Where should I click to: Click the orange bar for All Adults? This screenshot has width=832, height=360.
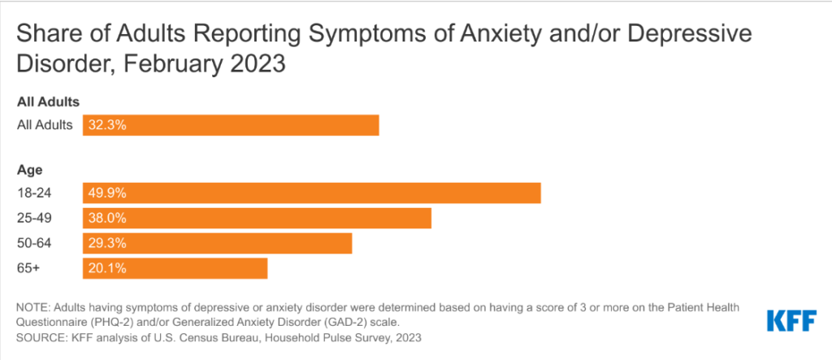pyautogui.click(x=231, y=125)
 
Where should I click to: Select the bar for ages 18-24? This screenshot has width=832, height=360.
pyautogui.click(x=311, y=193)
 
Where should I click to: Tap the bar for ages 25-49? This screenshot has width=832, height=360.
pyautogui.click(x=257, y=219)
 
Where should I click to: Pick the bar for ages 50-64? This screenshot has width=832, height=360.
pyautogui.click(x=217, y=243)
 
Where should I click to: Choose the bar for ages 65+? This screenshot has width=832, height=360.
pyautogui.click(x=175, y=268)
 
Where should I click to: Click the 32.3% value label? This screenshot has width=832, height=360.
pyautogui.click(x=107, y=125)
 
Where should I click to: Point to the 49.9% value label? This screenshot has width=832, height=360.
pyautogui.click(x=107, y=193)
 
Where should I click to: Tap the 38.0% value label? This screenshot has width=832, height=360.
pyautogui.click(x=107, y=219)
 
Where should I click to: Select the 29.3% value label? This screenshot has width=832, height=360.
pyautogui.click(x=107, y=243)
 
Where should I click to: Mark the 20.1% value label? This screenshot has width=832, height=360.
pyautogui.click(x=107, y=268)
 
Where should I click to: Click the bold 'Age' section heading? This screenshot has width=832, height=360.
pyautogui.click(x=29, y=170)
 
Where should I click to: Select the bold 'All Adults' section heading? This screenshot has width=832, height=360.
pyautogui.click(x=47, y=102)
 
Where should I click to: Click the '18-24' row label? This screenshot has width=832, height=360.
pyautogui.click(x=32, y=193)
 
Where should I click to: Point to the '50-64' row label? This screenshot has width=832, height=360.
pyautogui.click(x=32, y=243)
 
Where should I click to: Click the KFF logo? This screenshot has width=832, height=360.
pyautogui.click(x=791, y=320)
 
